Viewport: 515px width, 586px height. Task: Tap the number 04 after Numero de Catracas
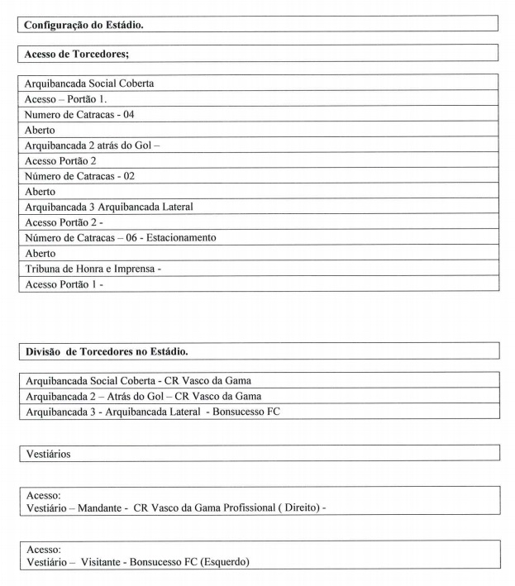127,114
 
